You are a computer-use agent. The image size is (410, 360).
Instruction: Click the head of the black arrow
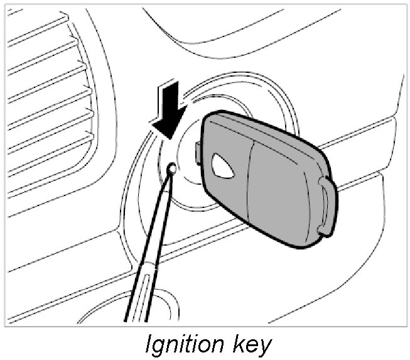tap(169, 126)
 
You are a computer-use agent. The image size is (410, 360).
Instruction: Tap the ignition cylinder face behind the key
tap(188, 182)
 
